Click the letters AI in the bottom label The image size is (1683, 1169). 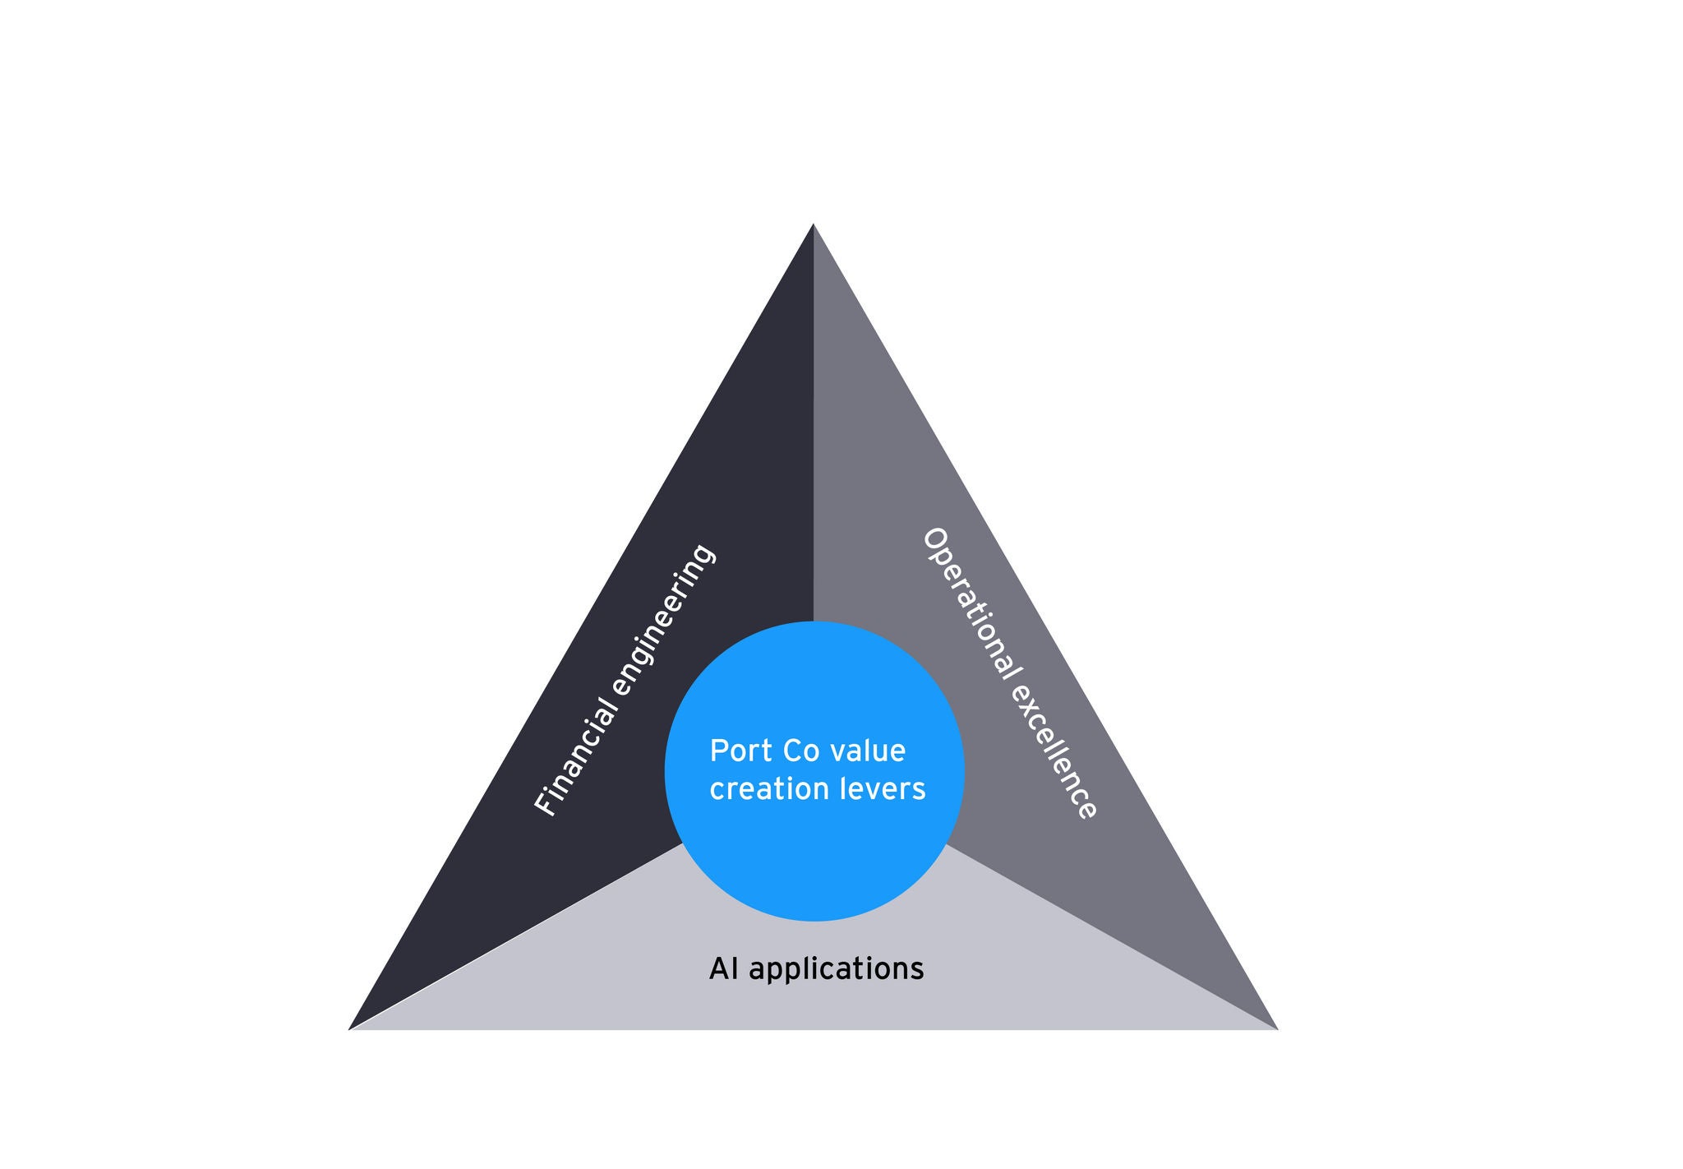pyautogui.click(x=723, y=968)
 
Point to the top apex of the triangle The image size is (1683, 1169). pyautogui.click(x=814, y=226)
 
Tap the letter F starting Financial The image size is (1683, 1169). pyautogui.click(x=545, y=806)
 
